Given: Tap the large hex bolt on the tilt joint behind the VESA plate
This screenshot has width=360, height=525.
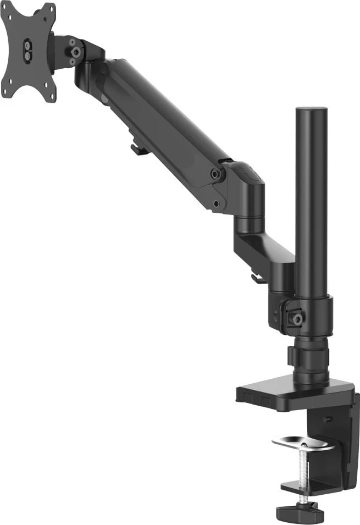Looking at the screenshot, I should point(76,52).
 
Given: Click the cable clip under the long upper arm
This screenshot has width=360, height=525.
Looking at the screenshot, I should point(139,148).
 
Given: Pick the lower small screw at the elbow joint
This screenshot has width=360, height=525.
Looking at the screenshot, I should point(217,203).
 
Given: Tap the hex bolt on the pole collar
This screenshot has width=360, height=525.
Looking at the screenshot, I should point(297,319).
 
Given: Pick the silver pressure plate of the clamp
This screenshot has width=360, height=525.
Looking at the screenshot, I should point(303,443).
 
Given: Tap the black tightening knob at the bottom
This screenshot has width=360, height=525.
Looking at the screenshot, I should point(300,512).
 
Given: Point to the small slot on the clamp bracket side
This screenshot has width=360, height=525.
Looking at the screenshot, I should point(328,419).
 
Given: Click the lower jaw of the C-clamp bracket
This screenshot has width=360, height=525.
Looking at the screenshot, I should point(308,486).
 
